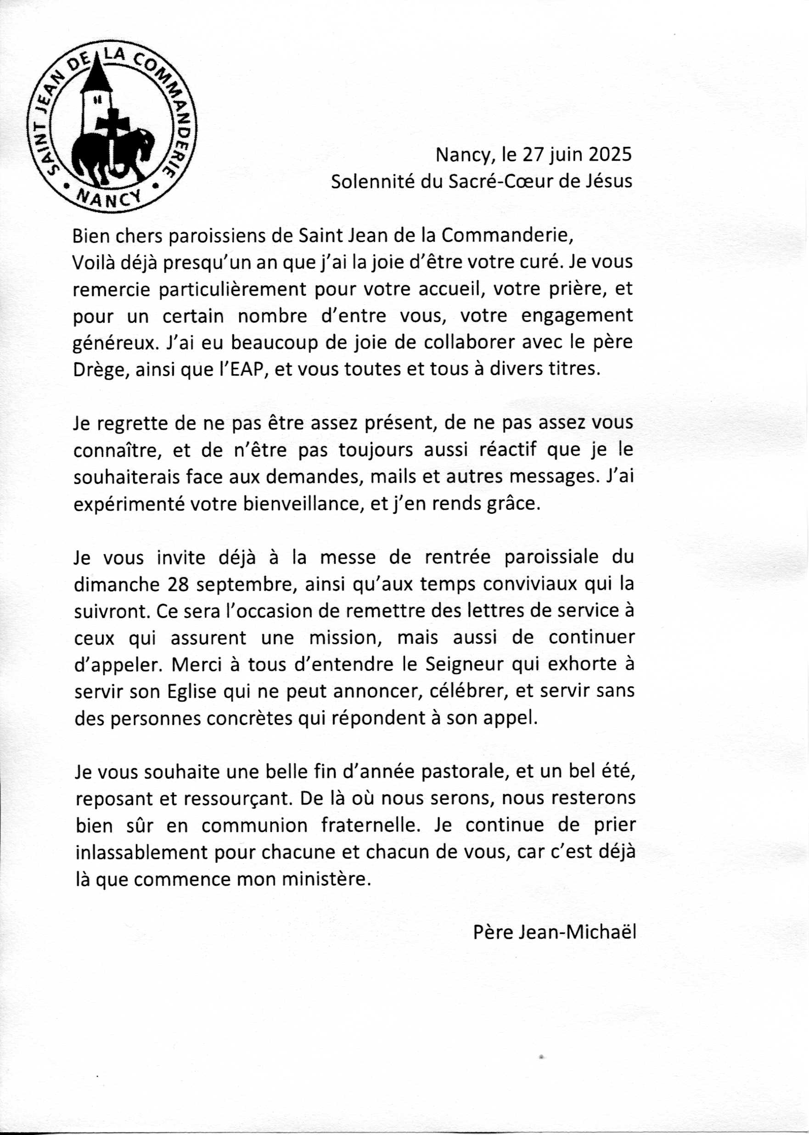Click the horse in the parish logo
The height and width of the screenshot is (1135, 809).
click(x=112, y=152)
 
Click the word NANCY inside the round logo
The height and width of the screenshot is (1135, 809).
click(x=110, y=197)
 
